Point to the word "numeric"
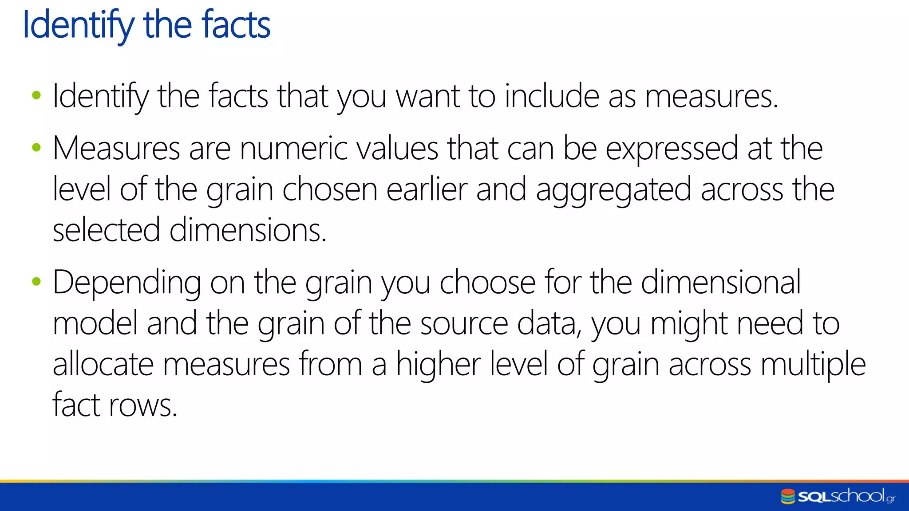(293, 148)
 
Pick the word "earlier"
(427, 189)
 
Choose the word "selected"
(106, 230)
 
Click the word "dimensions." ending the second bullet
(248, 230)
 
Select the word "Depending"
(126, 283)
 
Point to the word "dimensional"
(721, 282)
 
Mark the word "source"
(464, 324)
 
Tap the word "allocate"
(103, 364)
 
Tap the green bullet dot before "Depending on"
(36, 281)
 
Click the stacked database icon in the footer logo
(788, 496)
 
